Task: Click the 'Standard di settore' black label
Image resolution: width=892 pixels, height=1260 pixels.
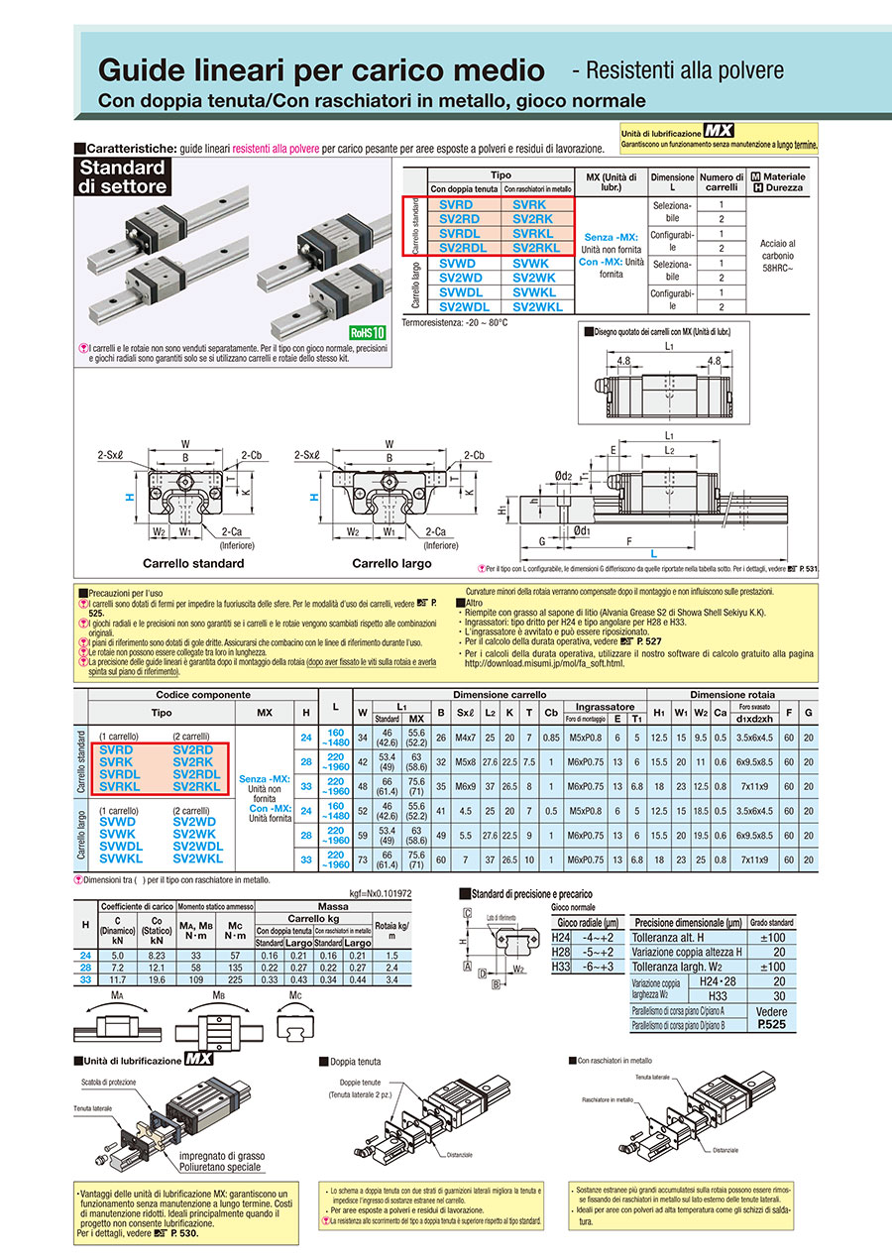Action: pos(122,176)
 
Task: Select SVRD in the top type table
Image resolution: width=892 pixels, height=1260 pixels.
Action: pos(457,204)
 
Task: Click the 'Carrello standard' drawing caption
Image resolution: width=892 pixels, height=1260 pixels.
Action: pos(193,563)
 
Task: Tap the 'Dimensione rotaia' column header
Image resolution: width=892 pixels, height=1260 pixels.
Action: pos(732,695)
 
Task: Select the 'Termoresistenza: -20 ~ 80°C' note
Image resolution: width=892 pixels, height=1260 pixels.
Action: pos(455,322)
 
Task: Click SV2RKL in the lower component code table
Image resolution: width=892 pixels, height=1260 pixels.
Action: pos(195,786)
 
